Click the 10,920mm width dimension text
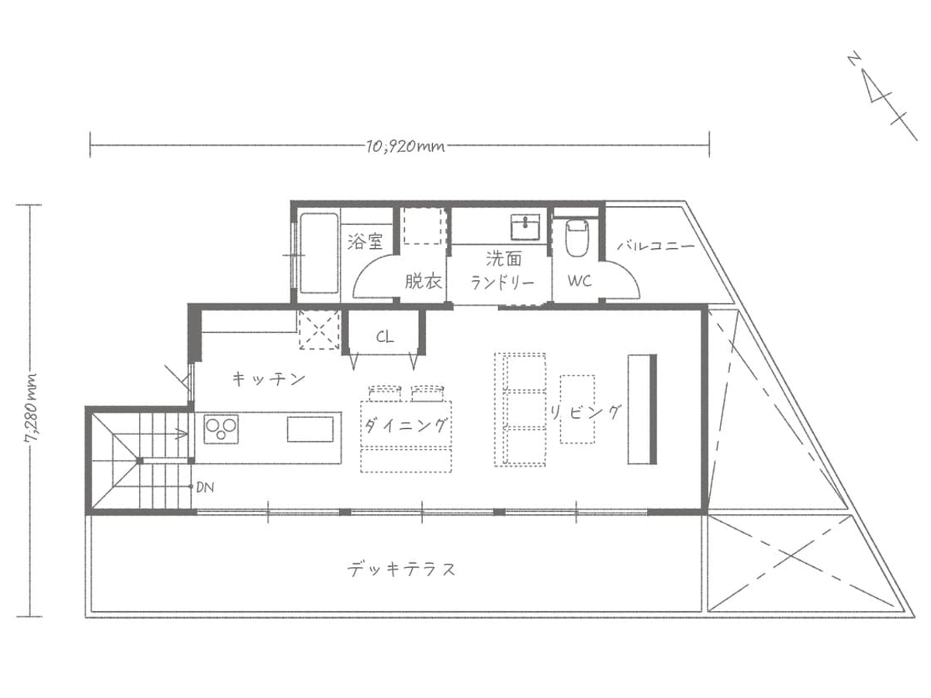click(x=406, y=147)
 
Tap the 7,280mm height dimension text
click(x=31, y=407)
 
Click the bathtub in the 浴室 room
click(x=319, y=253)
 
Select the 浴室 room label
click(x=365, y=241)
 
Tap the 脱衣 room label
click(x=423, y=281)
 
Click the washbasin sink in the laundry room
click(x=525, y=226)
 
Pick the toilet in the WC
click(x=577, y=239)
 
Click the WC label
click(x=580, y=281)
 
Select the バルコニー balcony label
click(x=656, y=246)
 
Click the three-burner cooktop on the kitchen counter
click(x=221, y=429)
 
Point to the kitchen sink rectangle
click(x=310, y=430)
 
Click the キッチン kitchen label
click(x=269, y=378)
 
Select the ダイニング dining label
click(x=405, y=425)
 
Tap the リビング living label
click(x=585, y=412)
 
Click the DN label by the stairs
click(x=205, y=487)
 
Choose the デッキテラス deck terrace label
click(x=401, y=569)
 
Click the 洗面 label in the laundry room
click(x=504, y=258)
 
